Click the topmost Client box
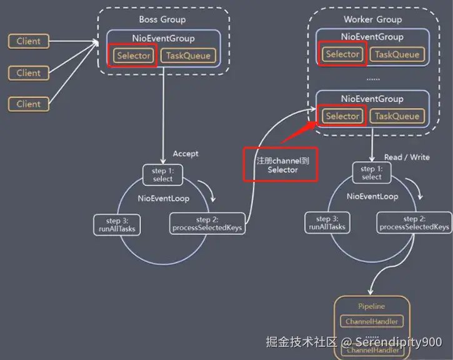pos(29,41)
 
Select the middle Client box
pos(29,72)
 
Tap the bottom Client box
pos(29,104)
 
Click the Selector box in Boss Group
pos(132,56)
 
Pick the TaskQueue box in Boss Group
pos(187,56)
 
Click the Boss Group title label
pos(162,19)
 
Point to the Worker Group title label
pos(372,19)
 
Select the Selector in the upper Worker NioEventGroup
pos(342,54)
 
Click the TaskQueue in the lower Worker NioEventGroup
pos(397,116)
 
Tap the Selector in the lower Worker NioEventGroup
pos(342,116)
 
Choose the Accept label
pos(186,154)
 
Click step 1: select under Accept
pos(162,174)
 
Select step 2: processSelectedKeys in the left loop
pos(206,224)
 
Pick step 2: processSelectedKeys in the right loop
pos(414,223)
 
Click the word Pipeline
pos(372,306)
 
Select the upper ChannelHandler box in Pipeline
pos(372,321)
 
